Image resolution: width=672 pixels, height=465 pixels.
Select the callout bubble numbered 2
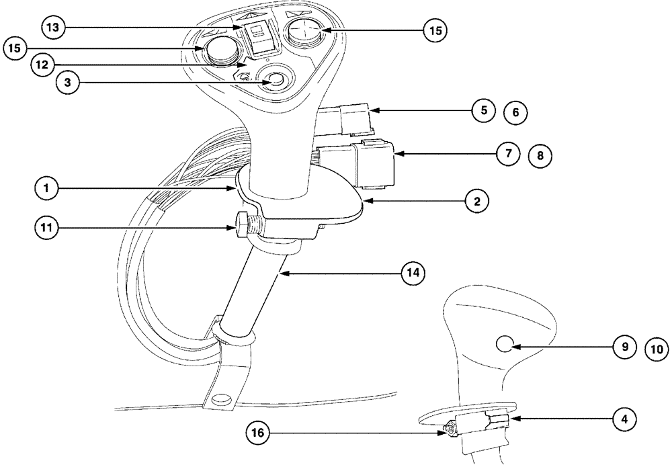point(476,200)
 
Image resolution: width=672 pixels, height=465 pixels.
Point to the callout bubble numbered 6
point(515,112)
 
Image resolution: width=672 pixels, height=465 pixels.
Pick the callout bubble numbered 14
point(413,272)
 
